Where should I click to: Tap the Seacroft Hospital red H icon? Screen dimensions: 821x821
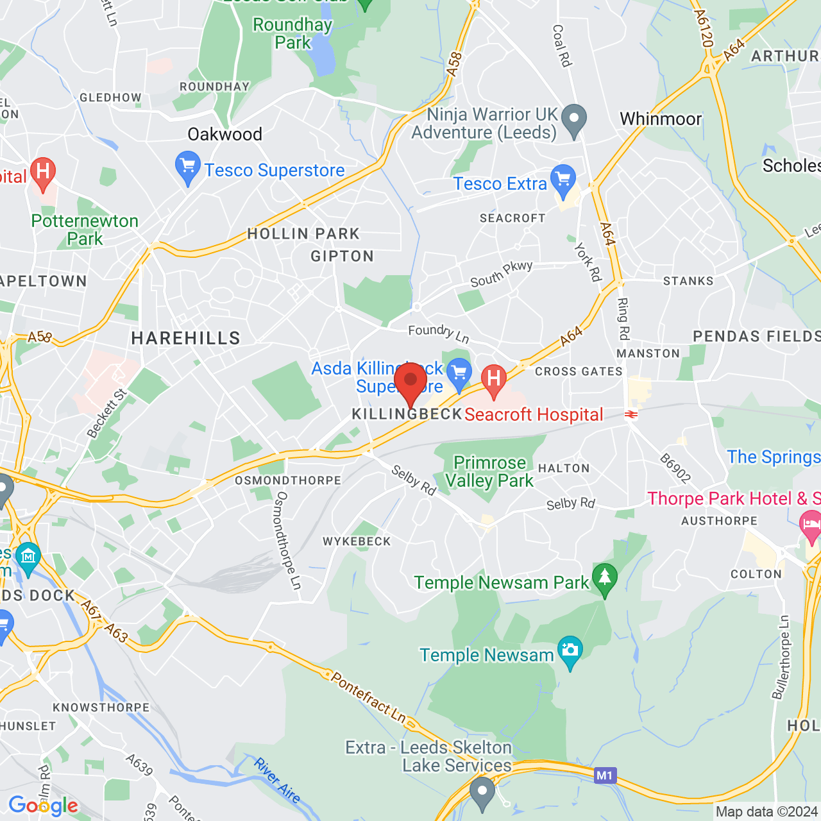493,379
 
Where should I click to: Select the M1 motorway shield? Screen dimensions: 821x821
604,775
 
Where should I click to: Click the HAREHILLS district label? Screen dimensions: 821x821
185,339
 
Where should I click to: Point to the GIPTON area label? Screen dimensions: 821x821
342,257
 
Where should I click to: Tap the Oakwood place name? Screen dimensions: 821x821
224,134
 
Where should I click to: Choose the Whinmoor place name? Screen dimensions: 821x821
661,119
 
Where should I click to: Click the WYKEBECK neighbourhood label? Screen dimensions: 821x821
357,541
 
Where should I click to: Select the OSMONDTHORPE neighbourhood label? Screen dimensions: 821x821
288,480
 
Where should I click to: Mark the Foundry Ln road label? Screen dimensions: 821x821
439,333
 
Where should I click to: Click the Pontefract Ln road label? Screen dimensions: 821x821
368,697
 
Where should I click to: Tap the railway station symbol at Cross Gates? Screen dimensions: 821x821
631,414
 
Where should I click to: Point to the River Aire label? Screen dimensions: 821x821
277,780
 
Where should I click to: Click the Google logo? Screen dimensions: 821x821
43,806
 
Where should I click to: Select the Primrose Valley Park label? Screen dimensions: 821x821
489,471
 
